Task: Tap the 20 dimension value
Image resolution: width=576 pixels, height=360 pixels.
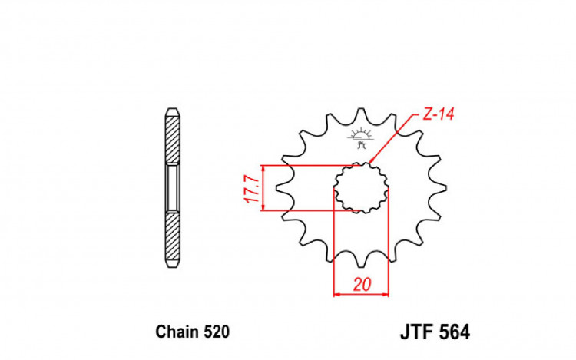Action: [x=362, y=283]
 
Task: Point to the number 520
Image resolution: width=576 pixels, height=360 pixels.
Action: [x=215, y=332]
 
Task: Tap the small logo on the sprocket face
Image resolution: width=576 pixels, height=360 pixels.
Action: [x=360, y=140]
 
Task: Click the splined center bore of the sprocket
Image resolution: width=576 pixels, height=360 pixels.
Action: [x=360, y=189]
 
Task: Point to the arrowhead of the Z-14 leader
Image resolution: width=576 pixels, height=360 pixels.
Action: [x=372, y=162]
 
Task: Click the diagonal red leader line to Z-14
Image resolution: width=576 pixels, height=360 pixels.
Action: [x=396, y=138]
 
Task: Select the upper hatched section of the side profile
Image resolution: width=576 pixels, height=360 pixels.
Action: [x=174, y=142]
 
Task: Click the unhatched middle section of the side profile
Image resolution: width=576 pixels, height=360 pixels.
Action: [x=174, y=187]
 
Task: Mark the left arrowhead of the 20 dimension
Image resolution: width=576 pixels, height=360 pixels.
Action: [x=336, y=292]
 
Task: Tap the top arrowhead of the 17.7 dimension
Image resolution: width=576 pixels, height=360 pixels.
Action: [x=263, y=168]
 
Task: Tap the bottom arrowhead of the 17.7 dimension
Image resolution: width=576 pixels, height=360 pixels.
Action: [x=263, y=207]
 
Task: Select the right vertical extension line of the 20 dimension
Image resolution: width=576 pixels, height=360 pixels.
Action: [x=389, y=246]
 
